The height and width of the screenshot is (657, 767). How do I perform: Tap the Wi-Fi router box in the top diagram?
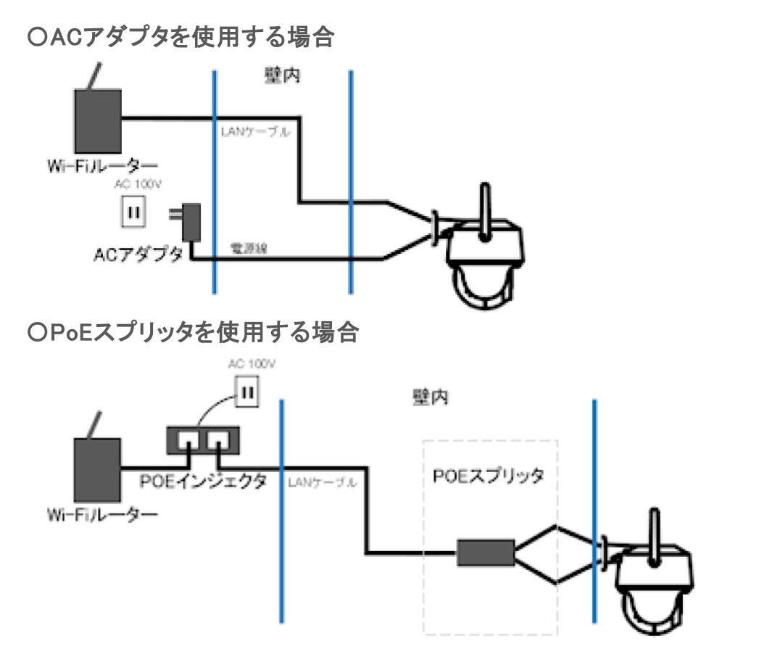(x=98, y=119)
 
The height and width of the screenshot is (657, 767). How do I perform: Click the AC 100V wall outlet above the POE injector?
(x=246, y=392)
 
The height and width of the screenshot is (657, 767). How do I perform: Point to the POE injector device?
(x=204, y=439)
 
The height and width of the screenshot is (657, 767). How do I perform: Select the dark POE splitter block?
(x=485, y=553)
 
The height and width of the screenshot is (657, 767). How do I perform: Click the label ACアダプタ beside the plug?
(x=138, y=255)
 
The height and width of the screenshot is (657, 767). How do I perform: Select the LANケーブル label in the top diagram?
(x=255, y=132)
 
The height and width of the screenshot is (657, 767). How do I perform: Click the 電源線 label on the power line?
(x=249, y=248)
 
